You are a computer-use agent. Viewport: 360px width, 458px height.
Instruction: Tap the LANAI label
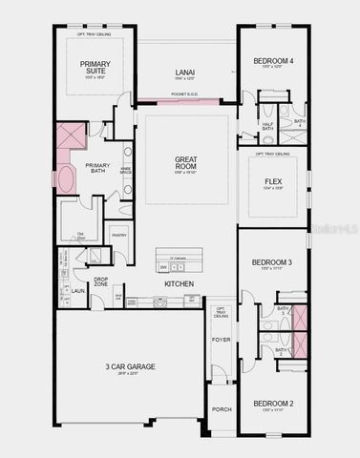(x=185, y=72)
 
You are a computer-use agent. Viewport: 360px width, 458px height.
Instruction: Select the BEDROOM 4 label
(x=273, y=62)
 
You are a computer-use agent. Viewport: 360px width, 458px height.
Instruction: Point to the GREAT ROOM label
(x=185, y=164)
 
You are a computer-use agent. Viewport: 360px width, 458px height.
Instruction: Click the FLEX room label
(x=273, y=178)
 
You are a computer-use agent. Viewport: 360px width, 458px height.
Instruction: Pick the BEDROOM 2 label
(x=272, y=404)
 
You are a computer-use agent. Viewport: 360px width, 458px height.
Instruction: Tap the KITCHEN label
(x=180, y=284)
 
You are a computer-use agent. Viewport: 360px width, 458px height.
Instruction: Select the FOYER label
(x=221, y=339)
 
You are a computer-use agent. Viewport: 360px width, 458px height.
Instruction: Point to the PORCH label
(x=221, y=410)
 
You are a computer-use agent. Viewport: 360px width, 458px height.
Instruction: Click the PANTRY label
(x=119, y=235)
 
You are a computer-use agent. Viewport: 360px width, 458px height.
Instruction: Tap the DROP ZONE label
(x=100, y=281)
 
